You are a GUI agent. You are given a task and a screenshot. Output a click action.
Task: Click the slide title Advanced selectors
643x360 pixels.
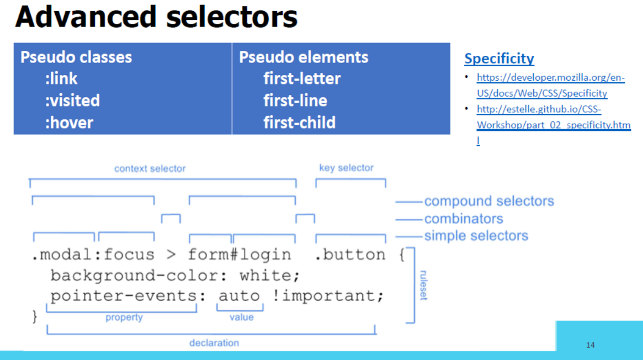click(x=156, y=17)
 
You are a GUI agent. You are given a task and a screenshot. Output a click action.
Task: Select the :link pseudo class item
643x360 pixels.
click(x=61, y=78)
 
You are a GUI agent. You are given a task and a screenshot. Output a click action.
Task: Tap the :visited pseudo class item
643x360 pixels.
click(x=72, y=100)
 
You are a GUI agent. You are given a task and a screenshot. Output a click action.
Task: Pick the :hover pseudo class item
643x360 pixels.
click(x=69, y=123)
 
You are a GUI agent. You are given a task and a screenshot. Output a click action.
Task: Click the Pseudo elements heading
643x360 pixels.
click(x=304, y=57)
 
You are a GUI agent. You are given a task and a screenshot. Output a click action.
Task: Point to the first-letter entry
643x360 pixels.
click(x=302, y=78)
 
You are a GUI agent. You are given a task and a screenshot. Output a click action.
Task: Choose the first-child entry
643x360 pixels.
click(x=299, y=123)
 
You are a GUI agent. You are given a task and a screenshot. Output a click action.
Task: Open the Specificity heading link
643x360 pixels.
click(x=499, y=59)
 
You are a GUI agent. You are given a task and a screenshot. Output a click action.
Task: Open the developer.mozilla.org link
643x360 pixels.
click(x=551, y=85)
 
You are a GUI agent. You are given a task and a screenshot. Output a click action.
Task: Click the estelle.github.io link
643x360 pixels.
click(x=554, y=125)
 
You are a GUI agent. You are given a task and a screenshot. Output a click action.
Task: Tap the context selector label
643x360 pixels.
click(x=150, y=168)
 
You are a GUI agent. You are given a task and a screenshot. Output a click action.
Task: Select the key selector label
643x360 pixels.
click(x=346, y=168)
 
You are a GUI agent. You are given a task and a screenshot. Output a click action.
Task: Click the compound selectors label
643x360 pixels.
click(x=489, y=201)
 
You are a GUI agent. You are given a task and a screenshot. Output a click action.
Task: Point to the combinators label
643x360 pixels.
click(x=464, y=219)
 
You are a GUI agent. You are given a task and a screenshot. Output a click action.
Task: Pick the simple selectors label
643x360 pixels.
click(x=476, y=236)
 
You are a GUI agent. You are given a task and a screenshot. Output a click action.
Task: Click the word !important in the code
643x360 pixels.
click(x=328, y=295)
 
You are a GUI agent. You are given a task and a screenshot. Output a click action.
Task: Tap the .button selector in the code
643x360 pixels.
click(x=350, y=255)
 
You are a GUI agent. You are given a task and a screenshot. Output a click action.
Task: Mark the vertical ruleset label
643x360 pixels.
click(x=424, y=285)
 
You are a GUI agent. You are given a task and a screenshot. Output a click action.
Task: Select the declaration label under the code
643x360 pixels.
click(x=214, y=343)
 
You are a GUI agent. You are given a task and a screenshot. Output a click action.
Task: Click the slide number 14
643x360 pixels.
click(x=591, y=345)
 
